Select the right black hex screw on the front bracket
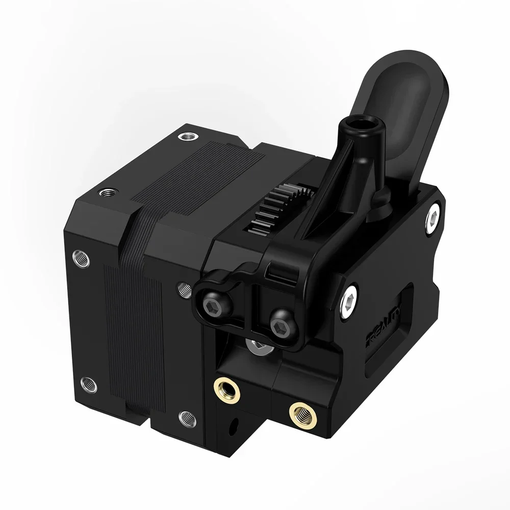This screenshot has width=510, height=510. point(280,327)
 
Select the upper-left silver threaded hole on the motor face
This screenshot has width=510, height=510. point(82,257)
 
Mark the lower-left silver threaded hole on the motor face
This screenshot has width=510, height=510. point(88,382)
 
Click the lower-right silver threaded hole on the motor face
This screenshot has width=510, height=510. point(187,418)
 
